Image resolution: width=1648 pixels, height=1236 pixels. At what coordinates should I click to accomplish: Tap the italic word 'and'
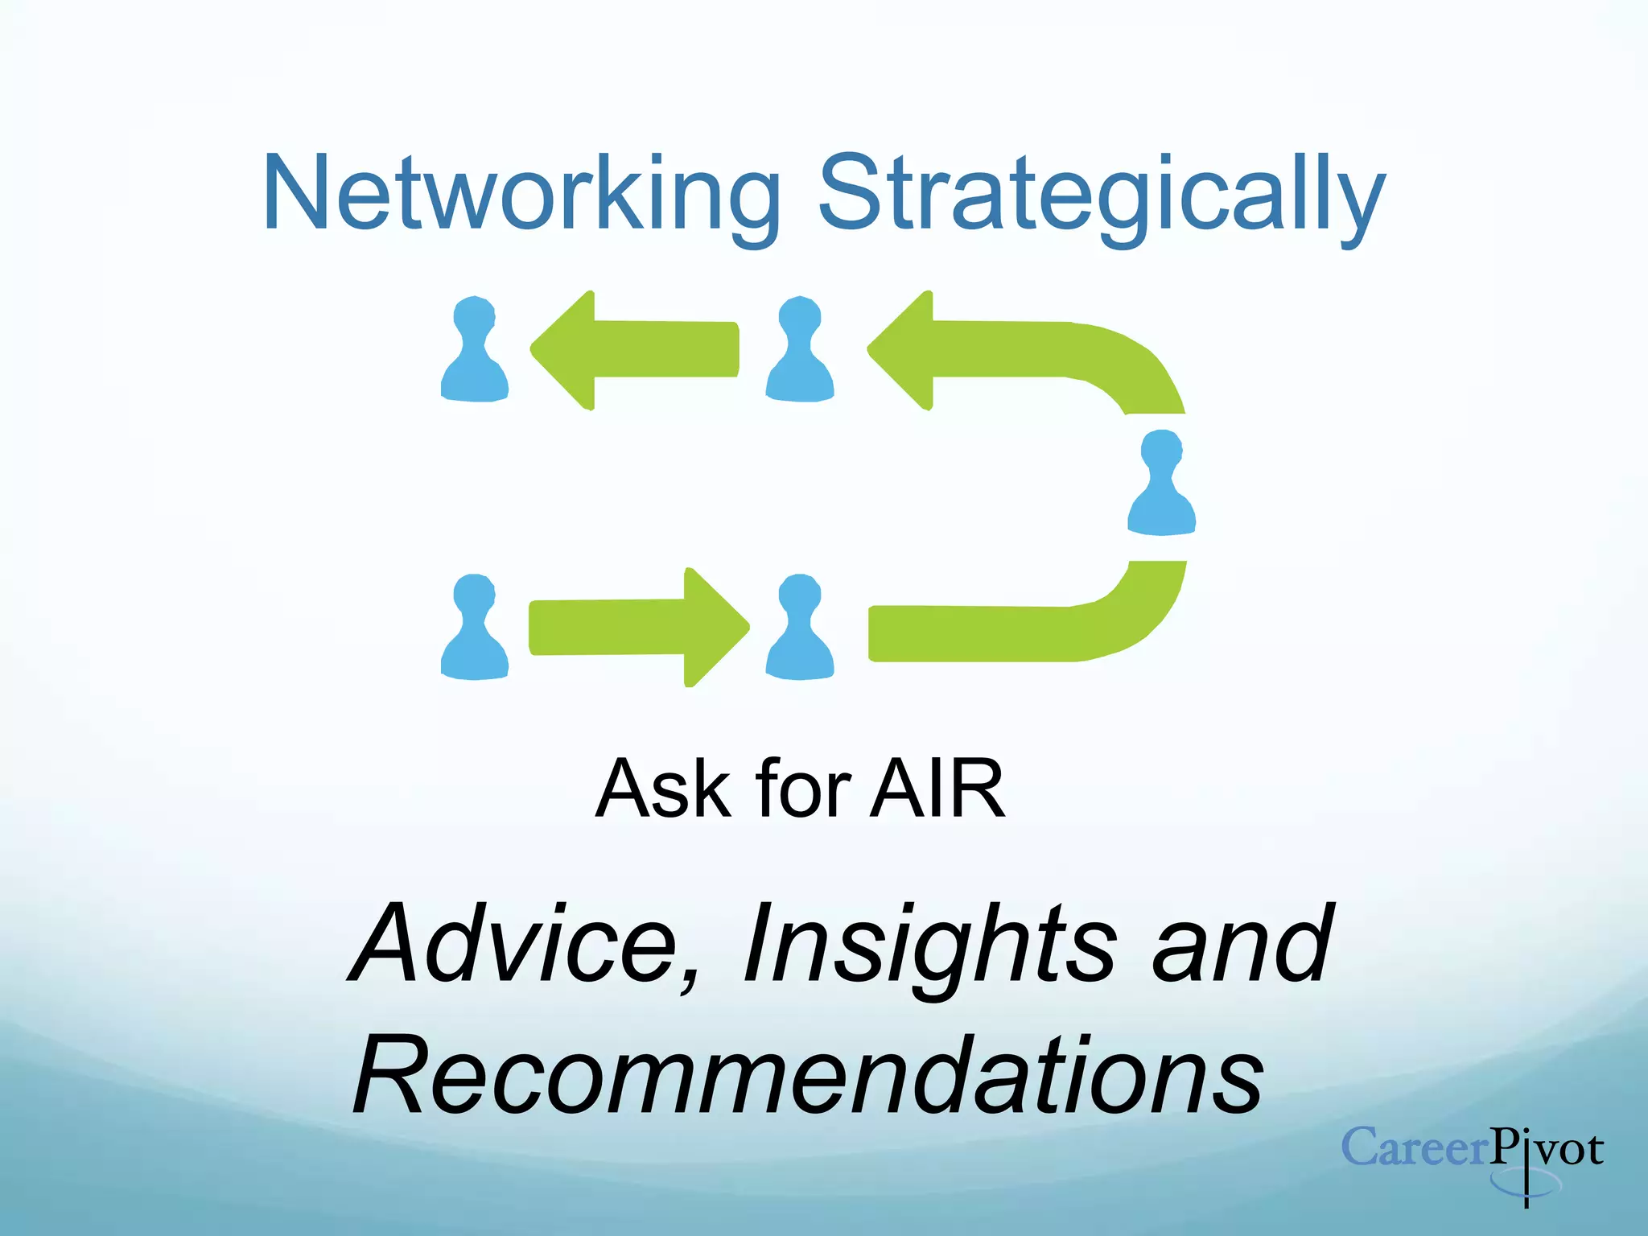point(1243,943)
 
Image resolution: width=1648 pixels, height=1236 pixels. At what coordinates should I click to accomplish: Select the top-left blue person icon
point(475,350)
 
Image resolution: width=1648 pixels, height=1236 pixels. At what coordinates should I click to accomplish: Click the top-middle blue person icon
point(799,350)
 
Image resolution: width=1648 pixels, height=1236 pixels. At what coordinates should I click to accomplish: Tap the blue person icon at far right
point(1161,483)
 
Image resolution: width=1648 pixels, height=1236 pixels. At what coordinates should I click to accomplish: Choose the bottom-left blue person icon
point(475,628)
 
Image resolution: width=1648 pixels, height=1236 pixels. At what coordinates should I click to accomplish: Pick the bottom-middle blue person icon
point(799,628)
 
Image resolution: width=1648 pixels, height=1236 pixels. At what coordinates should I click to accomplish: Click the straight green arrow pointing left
point(636,350)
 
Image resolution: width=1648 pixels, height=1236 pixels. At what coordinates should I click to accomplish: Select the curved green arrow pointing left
point(1006,350)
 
